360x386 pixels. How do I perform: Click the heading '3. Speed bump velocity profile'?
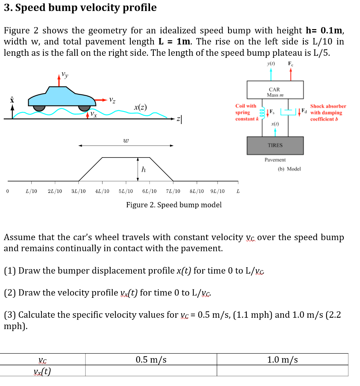point(80,8)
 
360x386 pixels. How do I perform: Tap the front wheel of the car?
point(84,107)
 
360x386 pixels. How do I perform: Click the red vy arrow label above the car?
point(65,75)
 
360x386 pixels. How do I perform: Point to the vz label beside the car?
point(112,100)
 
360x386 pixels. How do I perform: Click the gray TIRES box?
point(275,145)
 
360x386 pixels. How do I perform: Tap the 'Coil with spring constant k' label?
point(245,113)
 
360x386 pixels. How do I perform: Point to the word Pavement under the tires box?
point(275,160)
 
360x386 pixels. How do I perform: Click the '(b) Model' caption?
point(289,169)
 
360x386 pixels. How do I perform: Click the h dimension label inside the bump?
point(143,170)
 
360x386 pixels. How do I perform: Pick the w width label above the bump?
point(126,141)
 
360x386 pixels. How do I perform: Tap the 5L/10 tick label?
point(126,191)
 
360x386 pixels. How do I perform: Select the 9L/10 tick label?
point(218,191)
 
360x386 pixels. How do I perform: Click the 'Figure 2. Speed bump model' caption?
point(174,205)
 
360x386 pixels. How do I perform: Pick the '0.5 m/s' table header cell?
point(151,360)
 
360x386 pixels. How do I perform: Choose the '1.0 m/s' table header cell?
point(282,360)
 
